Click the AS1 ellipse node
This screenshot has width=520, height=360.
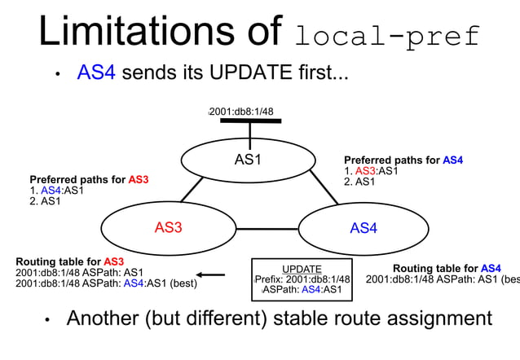click(248, 160)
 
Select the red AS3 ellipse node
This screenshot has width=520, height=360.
click(168, 227)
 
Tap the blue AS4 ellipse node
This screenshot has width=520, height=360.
click(364, 228)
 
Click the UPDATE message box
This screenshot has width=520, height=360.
click(302, 279)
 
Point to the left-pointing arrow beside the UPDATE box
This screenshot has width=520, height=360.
click(211, 274)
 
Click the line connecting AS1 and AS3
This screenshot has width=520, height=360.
click(192, 189)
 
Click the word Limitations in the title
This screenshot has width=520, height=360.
click(152, 33)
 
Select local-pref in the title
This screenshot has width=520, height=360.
click(388, 37)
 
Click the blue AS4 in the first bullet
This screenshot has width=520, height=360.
click(96, 73)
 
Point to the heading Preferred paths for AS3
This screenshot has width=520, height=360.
click(89, 179)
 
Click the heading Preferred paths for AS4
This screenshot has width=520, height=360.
click(403, 160)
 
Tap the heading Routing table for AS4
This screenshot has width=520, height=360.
click(447, 268)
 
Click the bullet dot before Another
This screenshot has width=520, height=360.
click(48, 320)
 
